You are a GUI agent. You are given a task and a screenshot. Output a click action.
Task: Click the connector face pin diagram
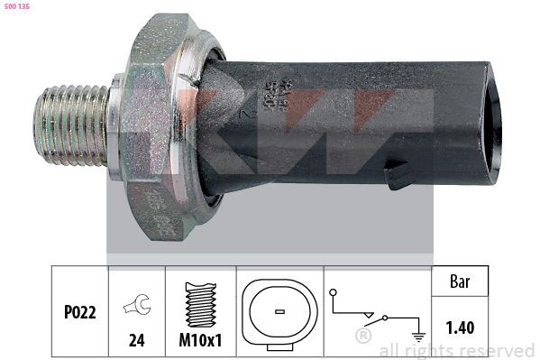tap(279, 310)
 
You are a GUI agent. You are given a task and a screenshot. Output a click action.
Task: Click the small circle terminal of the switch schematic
tap(334, 293)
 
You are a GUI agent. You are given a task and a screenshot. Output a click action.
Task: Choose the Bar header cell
tap(462, 282)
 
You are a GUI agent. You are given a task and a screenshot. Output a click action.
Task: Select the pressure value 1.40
tap(462, 329)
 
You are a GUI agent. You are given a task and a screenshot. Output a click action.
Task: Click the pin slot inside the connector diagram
tap(279, 311)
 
